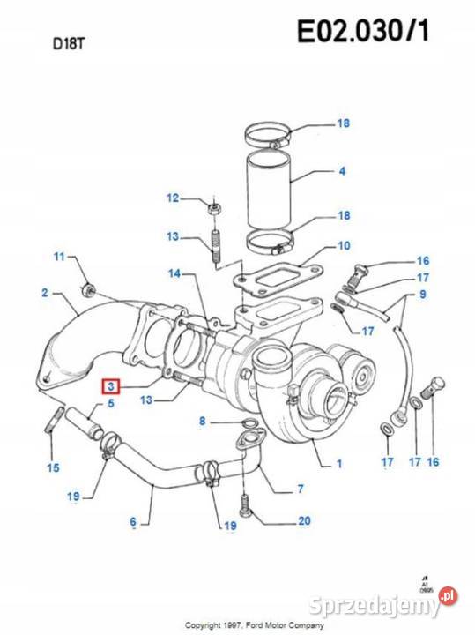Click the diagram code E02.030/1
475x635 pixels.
coord(363,33)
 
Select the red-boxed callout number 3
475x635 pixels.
coord(110,385)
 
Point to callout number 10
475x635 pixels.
coord(343,245)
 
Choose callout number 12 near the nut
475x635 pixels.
coord(173,198)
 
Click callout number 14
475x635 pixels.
coord(174,274)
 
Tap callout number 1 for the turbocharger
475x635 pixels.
coord(339,462)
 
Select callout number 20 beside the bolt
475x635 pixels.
coord(304,520)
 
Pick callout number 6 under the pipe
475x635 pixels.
coord(133,523)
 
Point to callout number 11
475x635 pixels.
coord(59,257)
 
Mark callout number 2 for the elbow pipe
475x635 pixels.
coord(44,292)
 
